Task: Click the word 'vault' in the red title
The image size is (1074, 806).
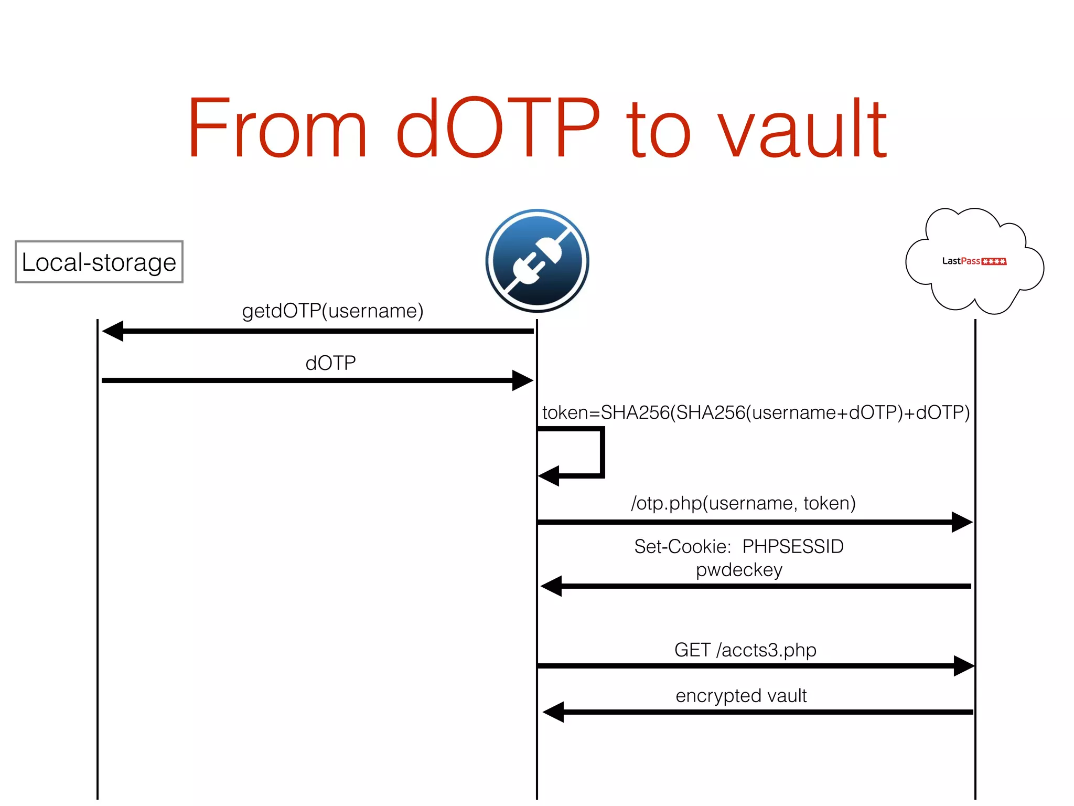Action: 802,129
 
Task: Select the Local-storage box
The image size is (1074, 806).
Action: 99,262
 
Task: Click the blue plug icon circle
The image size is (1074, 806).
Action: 537,261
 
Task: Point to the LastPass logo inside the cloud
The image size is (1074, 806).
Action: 974,261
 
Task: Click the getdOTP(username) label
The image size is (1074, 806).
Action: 332,311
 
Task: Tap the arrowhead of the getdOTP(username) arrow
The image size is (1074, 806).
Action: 113,331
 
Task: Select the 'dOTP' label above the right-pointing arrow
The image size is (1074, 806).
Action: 330,363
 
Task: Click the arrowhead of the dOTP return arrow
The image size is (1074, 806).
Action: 522,380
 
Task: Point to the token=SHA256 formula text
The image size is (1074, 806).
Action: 756,412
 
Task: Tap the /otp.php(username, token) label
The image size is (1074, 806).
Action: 743,503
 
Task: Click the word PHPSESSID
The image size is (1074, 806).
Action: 793,546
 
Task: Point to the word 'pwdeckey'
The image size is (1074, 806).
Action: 739,569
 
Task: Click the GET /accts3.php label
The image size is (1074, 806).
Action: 745,650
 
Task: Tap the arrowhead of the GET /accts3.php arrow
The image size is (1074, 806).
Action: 963,666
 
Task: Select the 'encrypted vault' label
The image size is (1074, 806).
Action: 741,695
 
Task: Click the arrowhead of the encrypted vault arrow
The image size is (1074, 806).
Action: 554,712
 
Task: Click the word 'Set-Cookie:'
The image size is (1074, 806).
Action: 682,546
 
